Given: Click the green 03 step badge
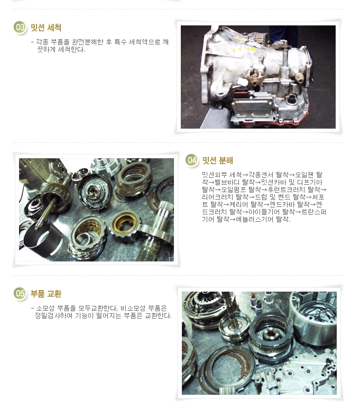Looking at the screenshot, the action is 20,28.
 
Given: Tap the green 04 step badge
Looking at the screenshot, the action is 191,160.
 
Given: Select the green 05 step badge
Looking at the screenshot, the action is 20,294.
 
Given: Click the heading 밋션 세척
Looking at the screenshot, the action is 46,28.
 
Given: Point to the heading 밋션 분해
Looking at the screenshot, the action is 217,160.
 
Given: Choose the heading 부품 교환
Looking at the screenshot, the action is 46,294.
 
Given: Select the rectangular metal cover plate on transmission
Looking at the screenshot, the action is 253,106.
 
